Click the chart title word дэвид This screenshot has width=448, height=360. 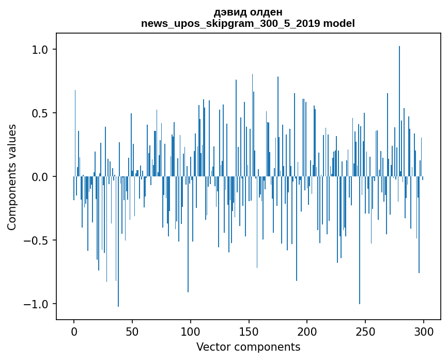(x=228, y=12)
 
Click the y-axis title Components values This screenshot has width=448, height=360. (x=12, y=177)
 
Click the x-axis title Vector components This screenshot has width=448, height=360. (x=248, y=347)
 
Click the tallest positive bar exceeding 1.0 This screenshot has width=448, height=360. (x=399, y=103)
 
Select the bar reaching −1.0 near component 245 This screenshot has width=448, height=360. (x=360, y=243)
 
